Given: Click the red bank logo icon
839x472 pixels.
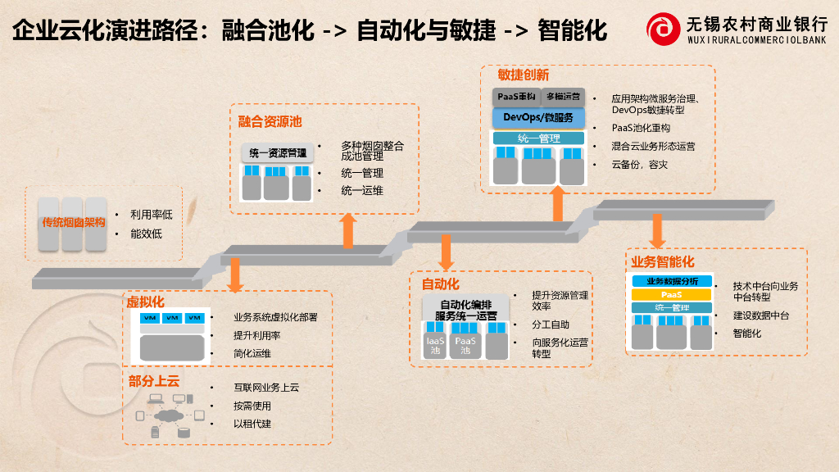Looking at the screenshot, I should point(662,29).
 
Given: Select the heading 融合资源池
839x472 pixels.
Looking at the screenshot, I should point(270,122).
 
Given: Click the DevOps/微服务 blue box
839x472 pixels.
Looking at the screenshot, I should point(538,118).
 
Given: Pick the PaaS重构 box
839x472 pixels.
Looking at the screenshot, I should point(516,97).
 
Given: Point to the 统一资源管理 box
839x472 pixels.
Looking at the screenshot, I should point(278,152).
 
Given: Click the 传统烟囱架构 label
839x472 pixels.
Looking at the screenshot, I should point(74,222).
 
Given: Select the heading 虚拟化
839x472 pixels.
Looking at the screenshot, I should point(145,302).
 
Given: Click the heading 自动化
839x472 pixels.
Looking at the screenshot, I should point(440,284).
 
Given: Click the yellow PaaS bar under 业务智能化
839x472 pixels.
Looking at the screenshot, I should point(672,294).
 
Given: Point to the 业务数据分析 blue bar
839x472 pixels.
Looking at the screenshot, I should point(672,281).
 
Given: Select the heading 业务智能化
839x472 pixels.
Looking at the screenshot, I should point(662,261).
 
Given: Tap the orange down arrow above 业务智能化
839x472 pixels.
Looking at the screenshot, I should point(656,230).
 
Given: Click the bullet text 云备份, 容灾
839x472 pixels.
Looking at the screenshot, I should point(640,165).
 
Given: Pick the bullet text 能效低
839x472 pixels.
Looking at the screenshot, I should point(146,234).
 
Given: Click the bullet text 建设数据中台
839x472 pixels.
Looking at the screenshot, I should point(761,315).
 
